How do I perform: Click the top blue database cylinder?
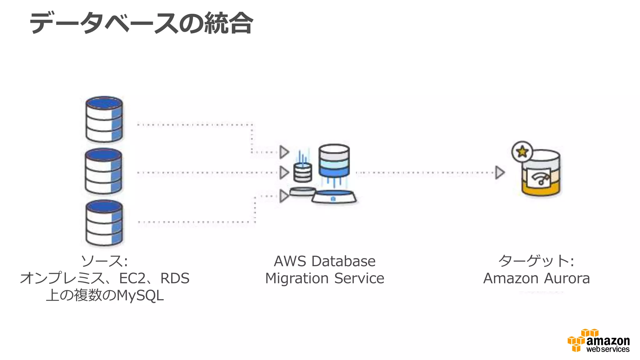(x=104, y=119)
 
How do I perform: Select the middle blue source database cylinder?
(x=103, y=171)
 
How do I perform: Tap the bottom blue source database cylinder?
(x=104, y=223)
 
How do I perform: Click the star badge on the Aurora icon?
(x=522, y=152)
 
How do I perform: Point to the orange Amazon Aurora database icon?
(x=541, y=175)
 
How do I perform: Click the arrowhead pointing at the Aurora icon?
(x=500, y=172)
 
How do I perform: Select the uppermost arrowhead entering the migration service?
(x=284, y=152)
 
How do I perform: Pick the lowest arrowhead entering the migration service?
(x=284, y=196)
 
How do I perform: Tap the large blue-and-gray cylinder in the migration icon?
(x=334, y=161)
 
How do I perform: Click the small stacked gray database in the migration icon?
(x=302, y=173)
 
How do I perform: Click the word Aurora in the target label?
(x=567, y=278)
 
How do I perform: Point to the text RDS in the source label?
(x=175, y=278)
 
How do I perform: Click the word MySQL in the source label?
(x=140, y=295)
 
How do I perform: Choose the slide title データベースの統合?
(x=141, y=23)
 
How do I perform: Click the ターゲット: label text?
(x=536, y=261)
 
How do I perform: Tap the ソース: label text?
(x=104, y=261)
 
